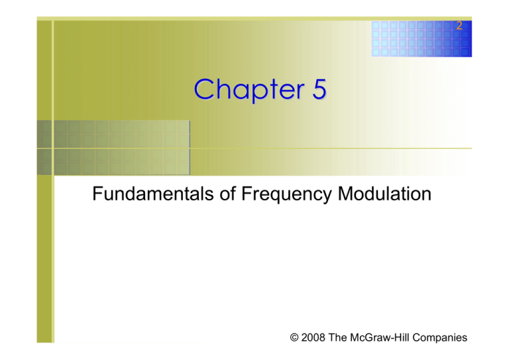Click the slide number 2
[459, 26]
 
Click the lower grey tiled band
[113, 162]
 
